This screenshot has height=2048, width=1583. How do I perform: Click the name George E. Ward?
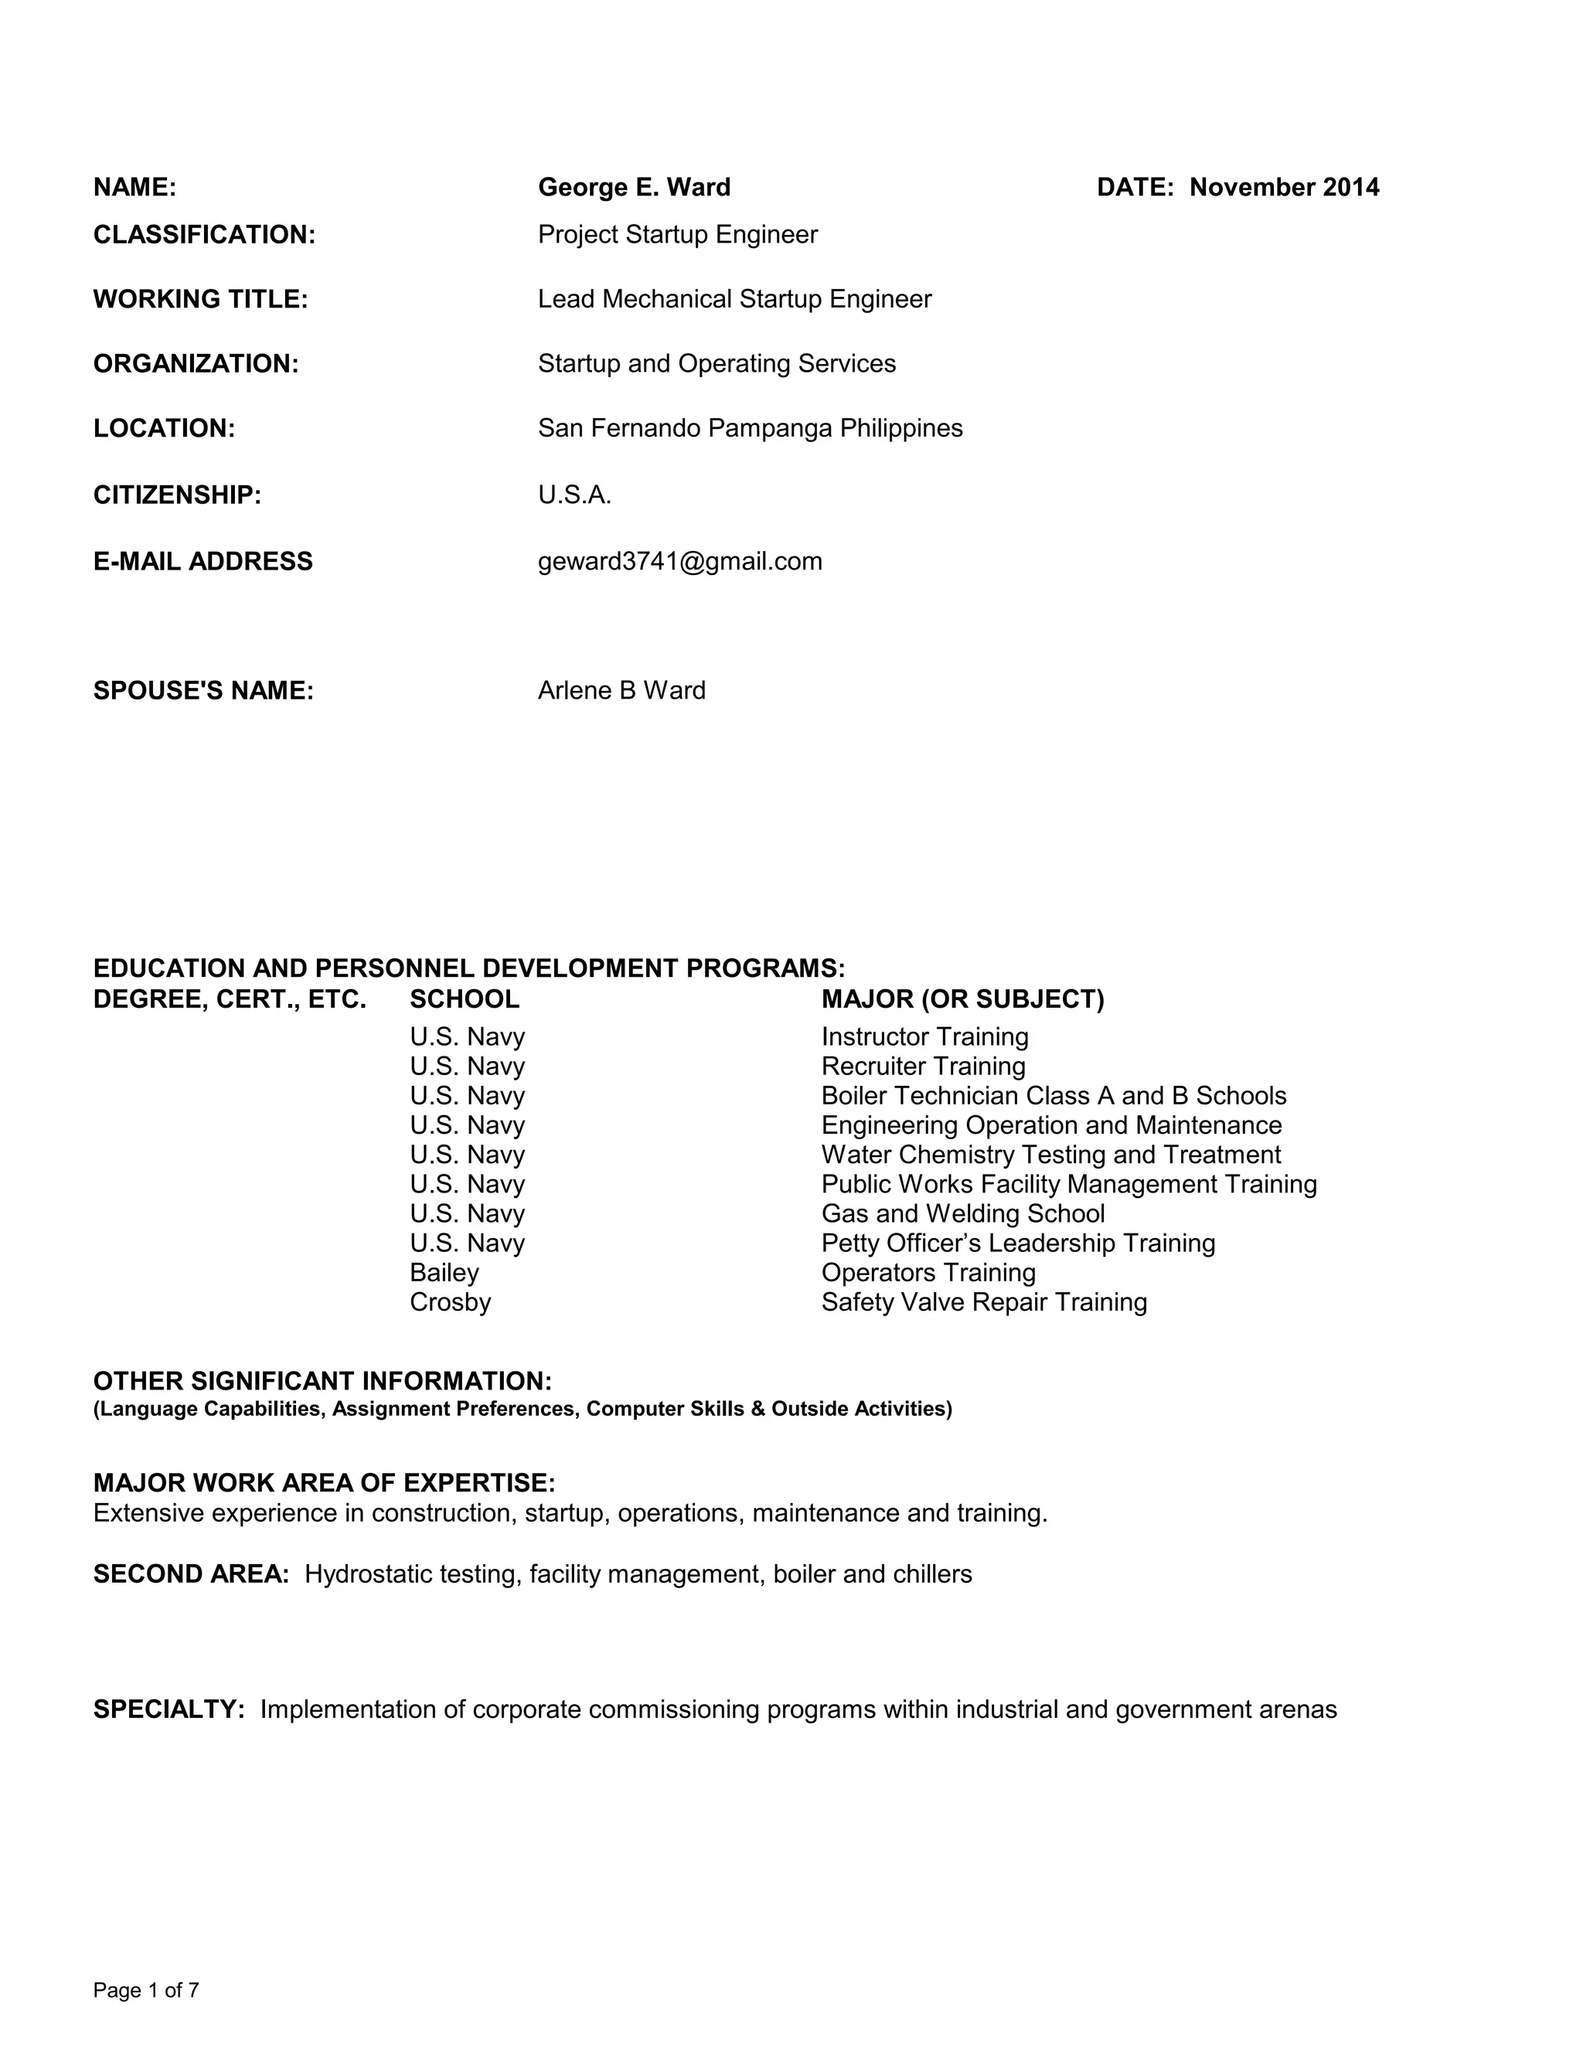pos(634,188)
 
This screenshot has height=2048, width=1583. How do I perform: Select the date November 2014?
pos(1284,188)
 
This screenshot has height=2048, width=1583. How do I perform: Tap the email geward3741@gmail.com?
pos(680,561)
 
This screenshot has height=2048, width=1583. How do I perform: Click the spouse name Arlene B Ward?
pos(621,690)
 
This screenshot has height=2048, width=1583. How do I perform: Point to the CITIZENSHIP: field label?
pos(177,495)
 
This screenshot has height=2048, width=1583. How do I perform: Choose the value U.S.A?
pos(574,495)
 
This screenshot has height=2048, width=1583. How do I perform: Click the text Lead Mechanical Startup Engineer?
pos(734,299)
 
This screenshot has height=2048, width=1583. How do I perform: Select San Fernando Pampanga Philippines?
pos(751,429)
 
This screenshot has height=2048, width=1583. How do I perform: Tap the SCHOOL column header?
pos(465,999)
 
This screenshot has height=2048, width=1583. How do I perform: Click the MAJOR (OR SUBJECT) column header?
pos(962,999)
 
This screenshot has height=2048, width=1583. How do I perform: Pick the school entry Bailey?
pos(444,1273)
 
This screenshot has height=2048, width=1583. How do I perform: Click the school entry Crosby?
pos(450,1302)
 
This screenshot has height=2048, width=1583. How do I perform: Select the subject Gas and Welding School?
pos(963,1213)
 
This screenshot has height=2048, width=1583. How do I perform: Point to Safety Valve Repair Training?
pos(984,1302)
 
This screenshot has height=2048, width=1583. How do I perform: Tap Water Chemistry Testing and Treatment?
pos(1050,1155)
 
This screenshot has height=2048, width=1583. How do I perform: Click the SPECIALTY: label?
pos(169,1710)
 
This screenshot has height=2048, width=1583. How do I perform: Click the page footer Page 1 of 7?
pos(146,1991)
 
